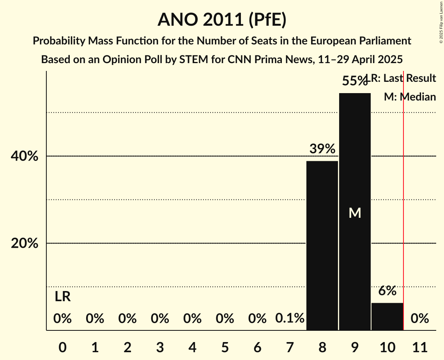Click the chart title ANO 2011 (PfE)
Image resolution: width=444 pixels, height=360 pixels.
point(222,20)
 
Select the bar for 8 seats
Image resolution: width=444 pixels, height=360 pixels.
point(322,245)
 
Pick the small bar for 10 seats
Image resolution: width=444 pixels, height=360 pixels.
point(387,316)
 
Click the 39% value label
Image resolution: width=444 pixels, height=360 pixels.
point(322,149)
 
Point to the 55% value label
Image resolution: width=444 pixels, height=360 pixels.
point(354,81)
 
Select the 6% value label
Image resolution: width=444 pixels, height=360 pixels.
point(387,291)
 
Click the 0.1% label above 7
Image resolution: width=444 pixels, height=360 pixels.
point(290,318)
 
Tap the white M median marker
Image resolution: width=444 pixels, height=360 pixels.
point(355,213)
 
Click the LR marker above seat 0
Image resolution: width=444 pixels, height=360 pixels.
point(62,297)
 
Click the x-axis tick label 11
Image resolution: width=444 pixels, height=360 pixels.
point(419,346)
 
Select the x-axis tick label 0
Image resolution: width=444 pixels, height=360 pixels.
point(62,346)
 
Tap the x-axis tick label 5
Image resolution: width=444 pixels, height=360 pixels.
point(225,346)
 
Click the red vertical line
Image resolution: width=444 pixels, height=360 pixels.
point(403,195)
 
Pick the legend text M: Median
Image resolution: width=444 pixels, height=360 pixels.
point(410,97)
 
